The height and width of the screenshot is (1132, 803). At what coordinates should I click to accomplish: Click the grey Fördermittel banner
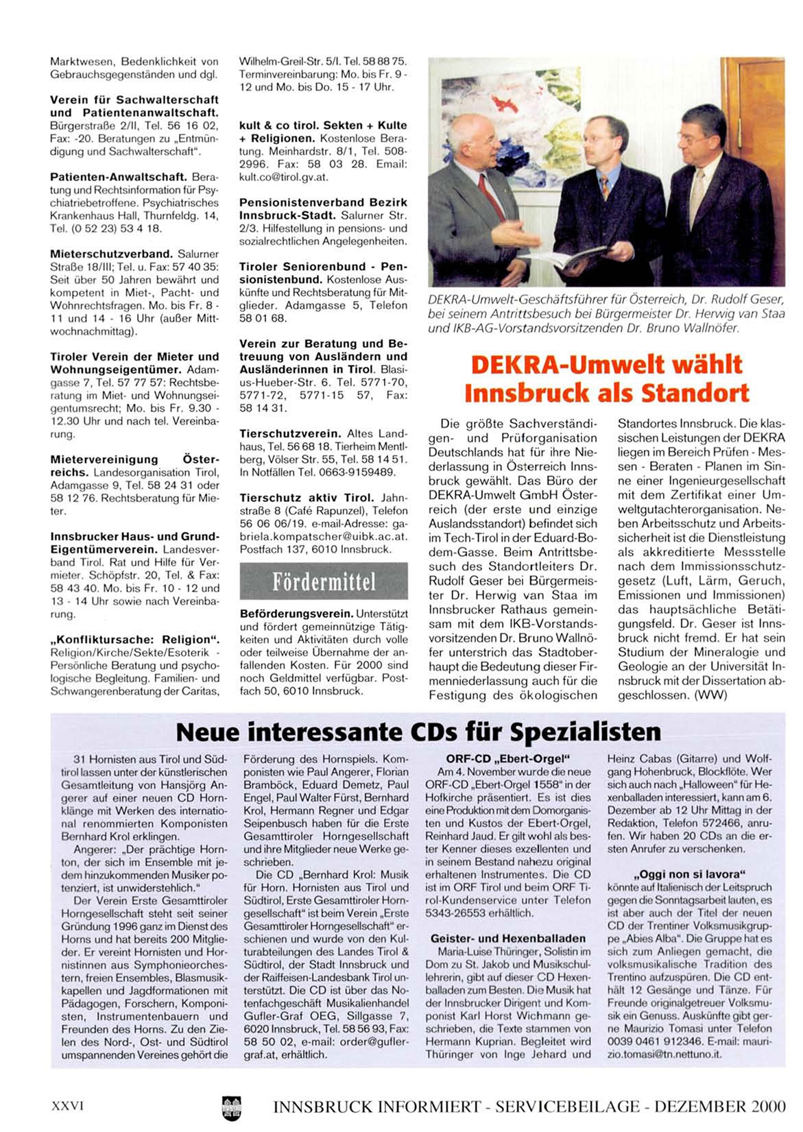click(324, 582)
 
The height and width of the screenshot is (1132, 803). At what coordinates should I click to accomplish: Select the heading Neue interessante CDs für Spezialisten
click(418, 732)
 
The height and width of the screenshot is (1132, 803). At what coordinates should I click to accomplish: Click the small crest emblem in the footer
click(231, 1107)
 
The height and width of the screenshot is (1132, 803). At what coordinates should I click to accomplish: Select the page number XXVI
click(67, 1106)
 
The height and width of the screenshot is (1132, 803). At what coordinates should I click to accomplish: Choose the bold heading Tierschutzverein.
click(290, 434)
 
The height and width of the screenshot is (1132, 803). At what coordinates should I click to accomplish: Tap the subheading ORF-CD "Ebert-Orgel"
click(508, 759)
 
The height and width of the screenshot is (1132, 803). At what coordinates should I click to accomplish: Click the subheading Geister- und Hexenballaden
click(508, 939)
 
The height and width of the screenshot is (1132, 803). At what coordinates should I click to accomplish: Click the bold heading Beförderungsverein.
click(296, 614)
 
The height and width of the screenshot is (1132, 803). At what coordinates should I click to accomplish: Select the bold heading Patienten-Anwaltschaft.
click(118, 177)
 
